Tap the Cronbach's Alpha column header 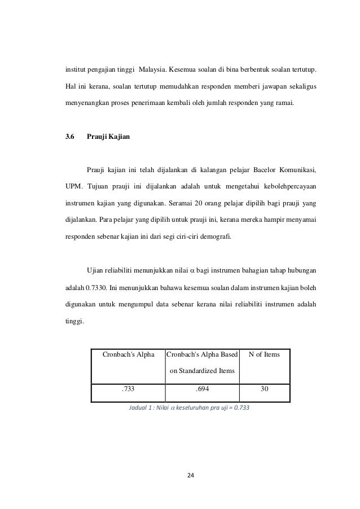(128, 354)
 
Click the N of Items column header (264, 354)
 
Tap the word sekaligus (298, 87)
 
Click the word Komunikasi (295, 169)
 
